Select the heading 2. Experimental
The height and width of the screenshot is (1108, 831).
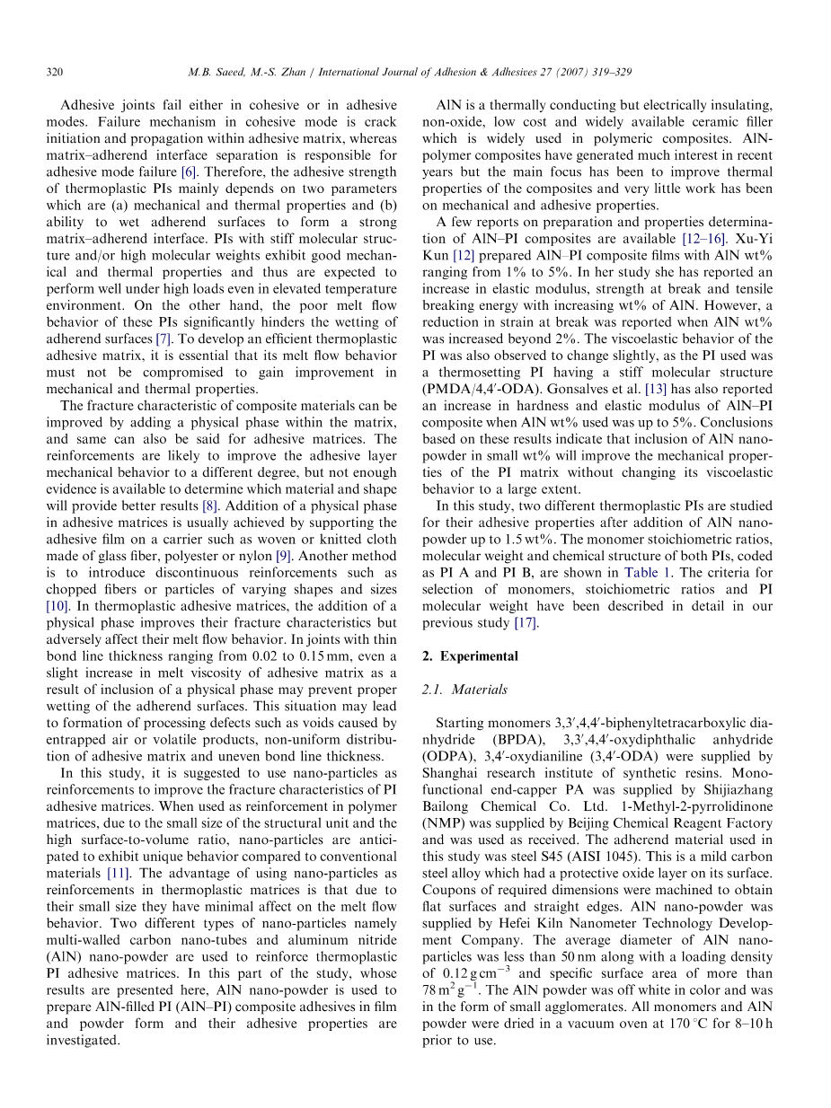pyautogui.click(x=469, y=656)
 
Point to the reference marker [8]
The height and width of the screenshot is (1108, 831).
pyautogui.click(x=209, y=506)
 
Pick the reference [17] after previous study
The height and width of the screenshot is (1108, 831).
pyautogui.click(x=526, y=623)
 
